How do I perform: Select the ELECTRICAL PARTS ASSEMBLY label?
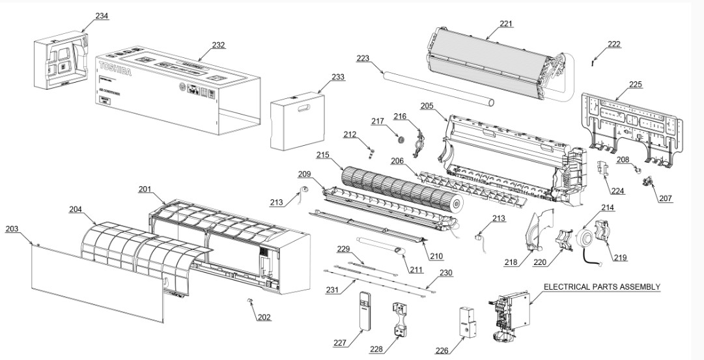pyautogui.click(x=602, y=286)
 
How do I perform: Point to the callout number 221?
pyautogui.click(x=506, y=24)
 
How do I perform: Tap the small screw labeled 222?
pyautogui.click(x=591, y=62)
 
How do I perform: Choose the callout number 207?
pyautogui.click(x=665, y=199)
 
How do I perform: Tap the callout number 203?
pyautogui.click(x=12, y=229)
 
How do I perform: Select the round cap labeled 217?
pyautogui.click(x=400, y=139)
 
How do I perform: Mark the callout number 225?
pyautogui.click(x=635, y=84)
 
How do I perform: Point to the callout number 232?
pyautogui.click(x=219, y=45)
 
